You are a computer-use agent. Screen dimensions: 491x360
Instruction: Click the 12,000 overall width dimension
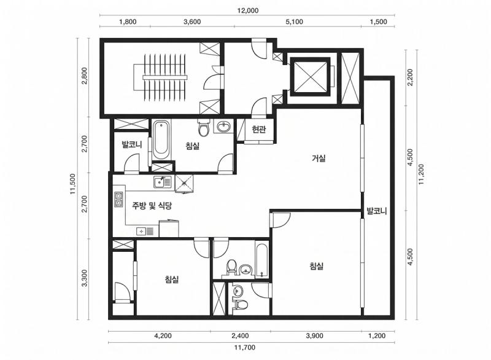point(247,10)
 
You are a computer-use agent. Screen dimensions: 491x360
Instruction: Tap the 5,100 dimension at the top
point(294,22)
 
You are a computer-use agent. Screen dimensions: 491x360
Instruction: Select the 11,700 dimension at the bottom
point(244,347)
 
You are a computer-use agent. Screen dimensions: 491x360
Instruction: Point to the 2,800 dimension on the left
point(85,76)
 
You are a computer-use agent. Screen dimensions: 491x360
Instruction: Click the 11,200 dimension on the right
point(420,174)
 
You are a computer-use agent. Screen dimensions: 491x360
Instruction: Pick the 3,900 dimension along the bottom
point(314,336)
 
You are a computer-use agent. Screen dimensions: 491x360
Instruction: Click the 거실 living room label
point(319,158)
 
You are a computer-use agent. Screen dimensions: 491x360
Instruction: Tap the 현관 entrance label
point(258,130)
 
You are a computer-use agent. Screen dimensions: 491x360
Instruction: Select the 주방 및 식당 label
point(152,206)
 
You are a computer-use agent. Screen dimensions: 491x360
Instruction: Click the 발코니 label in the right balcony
point(377,211)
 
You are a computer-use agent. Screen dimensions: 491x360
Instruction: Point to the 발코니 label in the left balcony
point(132,144)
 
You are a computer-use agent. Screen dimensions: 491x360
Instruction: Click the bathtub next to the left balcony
point(161,140)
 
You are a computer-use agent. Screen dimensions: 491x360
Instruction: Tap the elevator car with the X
point(310,76)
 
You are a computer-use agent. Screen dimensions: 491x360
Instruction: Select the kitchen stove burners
point(118,200)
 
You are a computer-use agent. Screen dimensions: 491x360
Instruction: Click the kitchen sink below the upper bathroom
point(162,182)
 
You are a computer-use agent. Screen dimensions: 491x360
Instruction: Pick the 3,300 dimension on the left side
point(85,278)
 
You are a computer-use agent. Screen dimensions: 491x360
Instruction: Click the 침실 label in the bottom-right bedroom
point(316,267)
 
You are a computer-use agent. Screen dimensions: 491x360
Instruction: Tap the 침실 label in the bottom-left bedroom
point(172,279)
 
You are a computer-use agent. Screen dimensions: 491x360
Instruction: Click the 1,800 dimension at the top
point(128,22)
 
